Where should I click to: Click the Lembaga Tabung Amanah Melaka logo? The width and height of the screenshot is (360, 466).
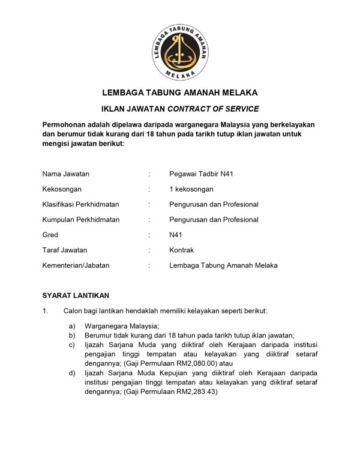point(179,50)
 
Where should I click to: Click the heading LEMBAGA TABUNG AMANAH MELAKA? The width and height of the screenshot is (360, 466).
point(180,93)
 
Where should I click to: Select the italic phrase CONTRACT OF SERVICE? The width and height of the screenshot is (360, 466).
point(213,109)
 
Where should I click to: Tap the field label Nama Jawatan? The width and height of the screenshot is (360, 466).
point(66,174)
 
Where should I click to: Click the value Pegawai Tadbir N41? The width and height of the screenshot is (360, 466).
point(202,174)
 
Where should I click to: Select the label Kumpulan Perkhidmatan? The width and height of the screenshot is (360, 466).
point(81,220)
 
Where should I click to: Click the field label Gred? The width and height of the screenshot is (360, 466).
point(50,235)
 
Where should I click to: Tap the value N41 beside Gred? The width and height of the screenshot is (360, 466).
point(176,235)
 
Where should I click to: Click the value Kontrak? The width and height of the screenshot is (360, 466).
point(182,250)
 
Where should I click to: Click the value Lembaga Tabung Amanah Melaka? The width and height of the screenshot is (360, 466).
point(224,265)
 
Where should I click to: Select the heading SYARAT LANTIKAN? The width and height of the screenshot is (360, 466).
point(76,295)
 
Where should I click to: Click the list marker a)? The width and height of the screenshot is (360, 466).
point(72,326)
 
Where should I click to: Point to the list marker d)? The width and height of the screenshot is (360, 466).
point(72,374)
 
